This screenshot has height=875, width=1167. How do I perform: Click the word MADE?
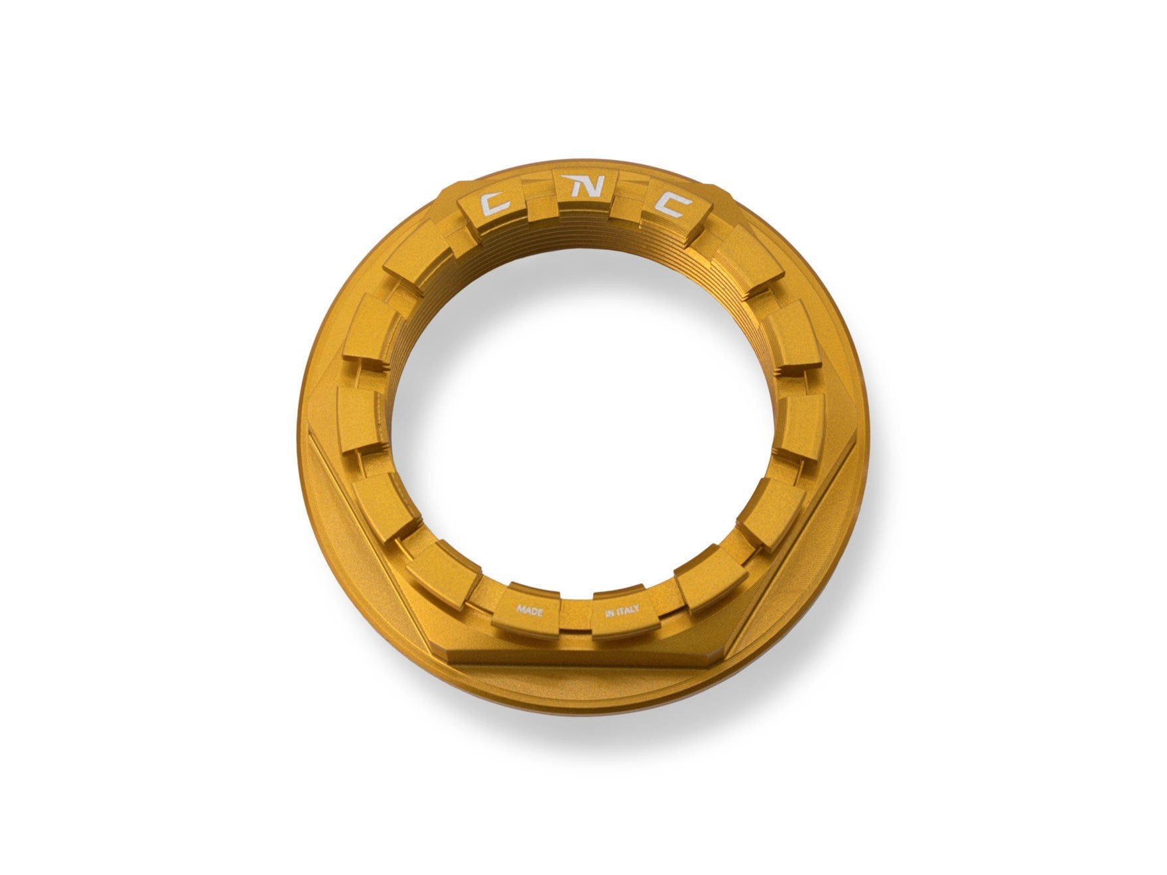tap(530, 610)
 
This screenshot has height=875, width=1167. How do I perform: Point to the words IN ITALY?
tap(622, 612)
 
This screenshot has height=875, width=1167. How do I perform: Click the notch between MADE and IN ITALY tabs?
tap(576, 614)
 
